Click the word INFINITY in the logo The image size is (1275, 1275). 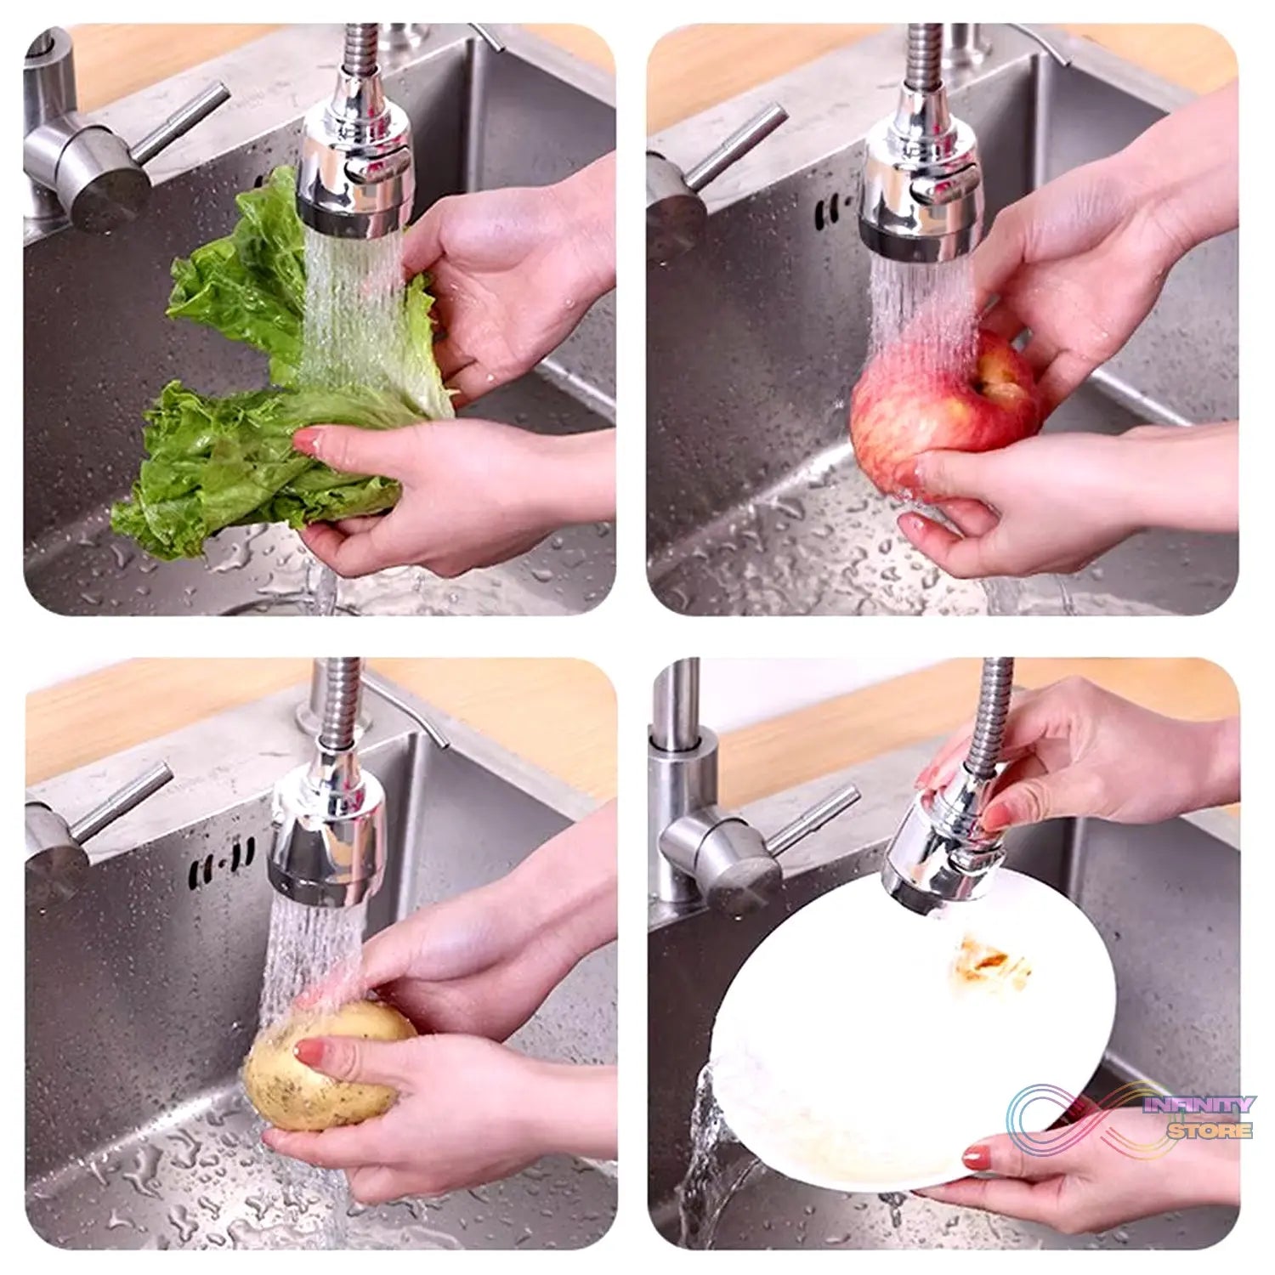point(1199,1106)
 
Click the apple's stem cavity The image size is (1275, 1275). point(990,387)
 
